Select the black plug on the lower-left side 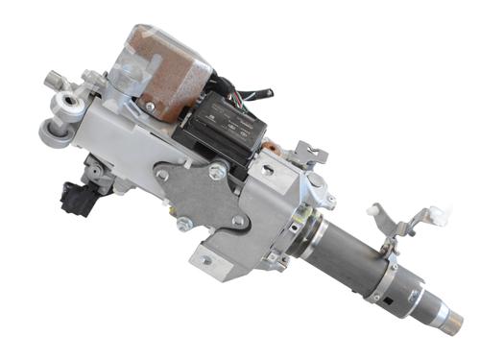click(x=77, y=196)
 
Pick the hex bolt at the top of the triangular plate click(x=218, y=171)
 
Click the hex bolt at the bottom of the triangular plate click(x=183, y=224)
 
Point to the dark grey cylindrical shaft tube click(x=355, y=254)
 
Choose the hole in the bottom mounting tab click(x=205, y=259)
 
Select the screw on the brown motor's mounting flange click(x=150, y=106)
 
